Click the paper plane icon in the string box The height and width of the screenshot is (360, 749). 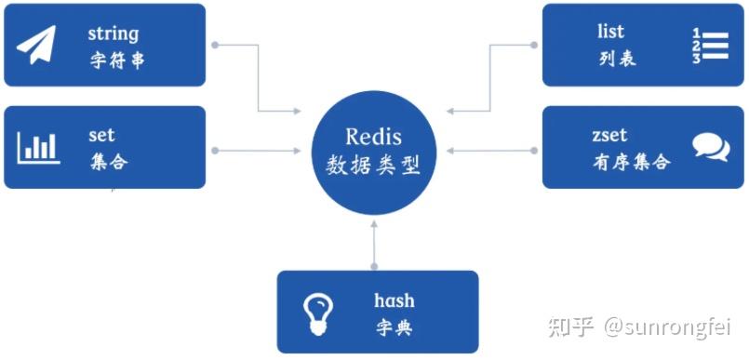(x=36, y=45)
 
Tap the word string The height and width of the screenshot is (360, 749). (x=113, y=34)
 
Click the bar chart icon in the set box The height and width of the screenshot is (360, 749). (x=38, y=147)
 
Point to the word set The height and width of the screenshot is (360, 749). (x=101, y=136)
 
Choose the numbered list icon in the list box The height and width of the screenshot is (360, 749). (x=709, y=46)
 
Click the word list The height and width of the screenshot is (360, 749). (x=610, y=33)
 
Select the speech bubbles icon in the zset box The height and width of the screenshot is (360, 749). (x=711, y=147)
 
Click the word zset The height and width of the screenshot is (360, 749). (x=609, y=136)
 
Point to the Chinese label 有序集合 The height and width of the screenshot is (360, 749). (x=630, y=162)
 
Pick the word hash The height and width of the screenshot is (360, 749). (x=394, y=300)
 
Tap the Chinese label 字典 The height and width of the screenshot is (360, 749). (x=394, y=327)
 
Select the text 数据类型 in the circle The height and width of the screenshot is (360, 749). (x=373, y=166)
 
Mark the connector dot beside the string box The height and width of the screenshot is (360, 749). (x=215, y=45)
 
